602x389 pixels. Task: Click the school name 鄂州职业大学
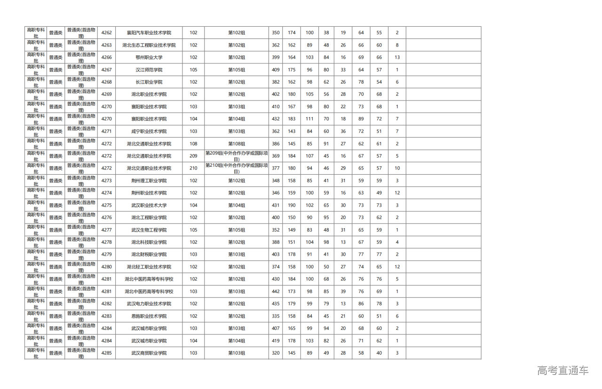click(x=149, y=57)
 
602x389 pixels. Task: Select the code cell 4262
click(x=106, y=33)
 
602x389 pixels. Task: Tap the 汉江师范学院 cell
click(x=149, y=70)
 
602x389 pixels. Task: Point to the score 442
click(x=276, y=292)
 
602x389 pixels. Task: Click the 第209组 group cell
click(x=237, y=156)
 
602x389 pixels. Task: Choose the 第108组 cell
click(x=237, y=144)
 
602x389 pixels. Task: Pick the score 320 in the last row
click(x=276, y=353)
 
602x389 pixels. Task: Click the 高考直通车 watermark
click(x=562, y=370)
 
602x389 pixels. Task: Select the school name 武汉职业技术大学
click(x=149, y=205)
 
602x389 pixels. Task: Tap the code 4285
click(x=106, y=353)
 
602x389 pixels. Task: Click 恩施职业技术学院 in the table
click(x=149, y=316)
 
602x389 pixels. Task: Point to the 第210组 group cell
click(x=237, y=168)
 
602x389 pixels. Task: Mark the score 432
click(x=276, y=119)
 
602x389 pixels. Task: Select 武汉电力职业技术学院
click(x=149, y=304)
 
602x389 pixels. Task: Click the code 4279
click(x=106, y=255)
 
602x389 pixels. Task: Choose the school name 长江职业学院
click(x=149, y=82)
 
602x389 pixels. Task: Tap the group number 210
click(x=193, y=168)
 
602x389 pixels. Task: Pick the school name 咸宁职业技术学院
click(x=149, y=132)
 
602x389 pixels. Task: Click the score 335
click(x=276, y=316)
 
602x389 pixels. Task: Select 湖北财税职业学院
click(x=149, y=255)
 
